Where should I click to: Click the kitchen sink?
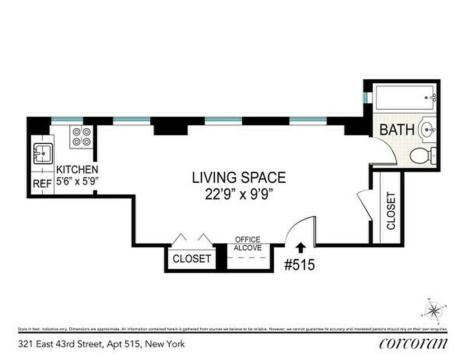point(43,154)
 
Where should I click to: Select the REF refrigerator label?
point(42,184)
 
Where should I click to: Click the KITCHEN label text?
point(77,170)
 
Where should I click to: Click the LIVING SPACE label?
point(239,178)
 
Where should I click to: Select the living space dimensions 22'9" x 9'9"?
point(239,194)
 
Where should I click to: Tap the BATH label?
point(397,130)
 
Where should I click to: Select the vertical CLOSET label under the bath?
point(390,211)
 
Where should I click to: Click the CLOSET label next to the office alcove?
point(192,259)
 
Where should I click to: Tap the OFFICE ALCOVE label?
point(247,243)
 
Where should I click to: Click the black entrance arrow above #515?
point(300,247)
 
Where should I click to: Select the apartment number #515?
point(299,265)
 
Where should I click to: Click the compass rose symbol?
point(433,310)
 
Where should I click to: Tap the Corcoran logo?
point(413,344)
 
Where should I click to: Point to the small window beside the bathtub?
point(368,97)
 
